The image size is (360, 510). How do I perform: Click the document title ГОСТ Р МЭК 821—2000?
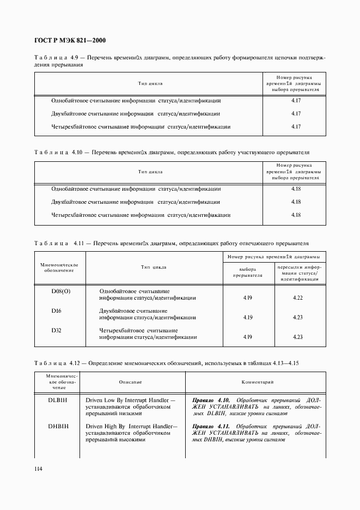point(70,41)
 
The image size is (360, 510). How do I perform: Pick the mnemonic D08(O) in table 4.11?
point(61,291)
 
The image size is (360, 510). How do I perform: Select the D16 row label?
point(57,311)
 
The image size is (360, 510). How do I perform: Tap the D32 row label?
point(57,330)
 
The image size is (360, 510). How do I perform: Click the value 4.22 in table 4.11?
point(297,298)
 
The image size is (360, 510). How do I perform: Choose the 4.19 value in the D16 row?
point(247,318)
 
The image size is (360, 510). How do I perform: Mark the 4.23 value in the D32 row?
point(297,337)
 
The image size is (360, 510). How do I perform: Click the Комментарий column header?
point(256,383)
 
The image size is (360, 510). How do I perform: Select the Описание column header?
point(130,383)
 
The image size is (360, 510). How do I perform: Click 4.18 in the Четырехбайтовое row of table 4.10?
point(296,215)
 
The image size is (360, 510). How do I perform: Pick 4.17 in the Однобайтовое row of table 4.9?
point(296,101)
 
